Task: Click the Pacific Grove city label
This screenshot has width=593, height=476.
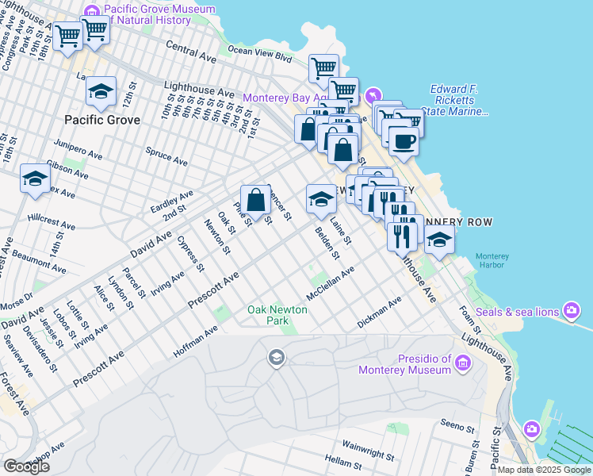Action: point(102,121)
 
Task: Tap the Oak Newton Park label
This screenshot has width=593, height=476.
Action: point(268,316)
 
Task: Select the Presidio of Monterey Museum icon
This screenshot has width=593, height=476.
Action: point(462,363)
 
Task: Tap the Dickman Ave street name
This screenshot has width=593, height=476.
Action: point(380,313)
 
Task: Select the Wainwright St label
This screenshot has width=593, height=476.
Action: point(369,449)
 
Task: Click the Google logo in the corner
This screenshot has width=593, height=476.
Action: point(26,466)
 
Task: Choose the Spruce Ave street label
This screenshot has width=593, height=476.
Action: point(166,154)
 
